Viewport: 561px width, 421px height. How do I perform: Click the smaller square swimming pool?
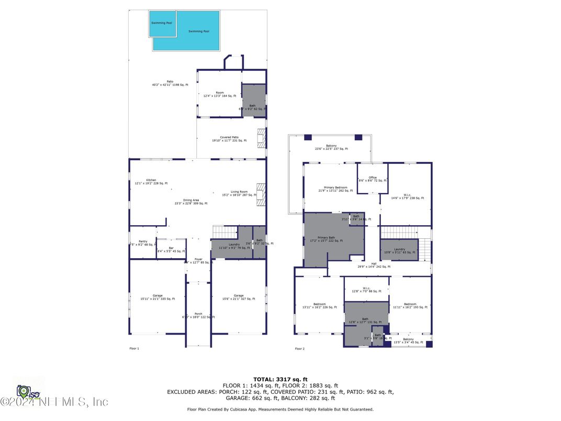point(162,24)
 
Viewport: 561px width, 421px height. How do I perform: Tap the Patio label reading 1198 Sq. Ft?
point(170,83)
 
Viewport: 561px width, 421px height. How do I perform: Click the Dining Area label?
point(191,202)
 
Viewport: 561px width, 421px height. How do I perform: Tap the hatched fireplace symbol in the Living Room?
point(261,193)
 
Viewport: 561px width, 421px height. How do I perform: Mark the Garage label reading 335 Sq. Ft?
point(158,297)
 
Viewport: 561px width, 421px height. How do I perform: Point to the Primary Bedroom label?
point(336,189)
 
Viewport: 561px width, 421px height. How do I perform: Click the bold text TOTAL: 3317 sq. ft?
point(280,379)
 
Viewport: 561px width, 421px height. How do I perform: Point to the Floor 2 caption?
point(299,348)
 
